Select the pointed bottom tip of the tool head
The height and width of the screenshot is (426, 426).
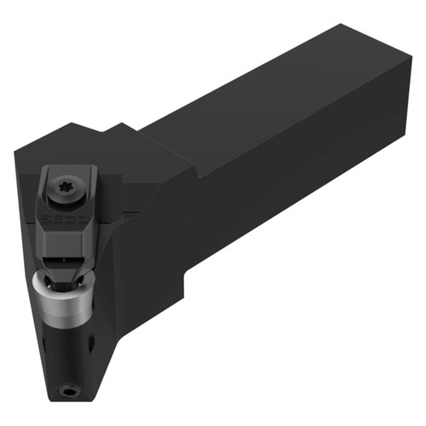(64, 400)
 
